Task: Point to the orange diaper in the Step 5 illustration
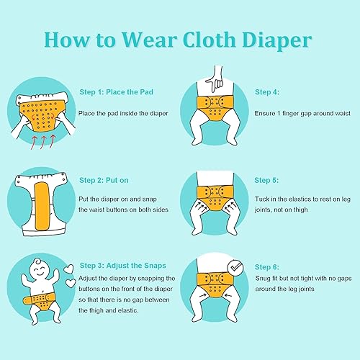pos(213,195)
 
